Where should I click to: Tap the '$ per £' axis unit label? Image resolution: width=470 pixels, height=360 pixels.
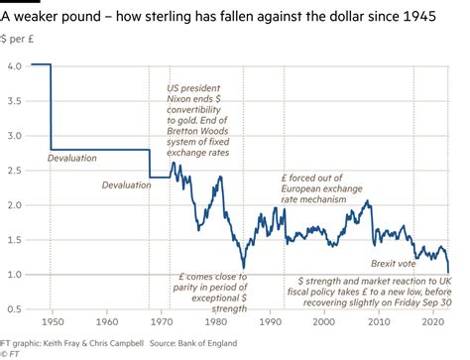[x=20, y=41]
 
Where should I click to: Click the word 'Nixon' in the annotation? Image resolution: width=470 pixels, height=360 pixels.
[x=182, y=101]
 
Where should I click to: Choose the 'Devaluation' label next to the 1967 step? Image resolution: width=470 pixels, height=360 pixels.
[x=126, y=184]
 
